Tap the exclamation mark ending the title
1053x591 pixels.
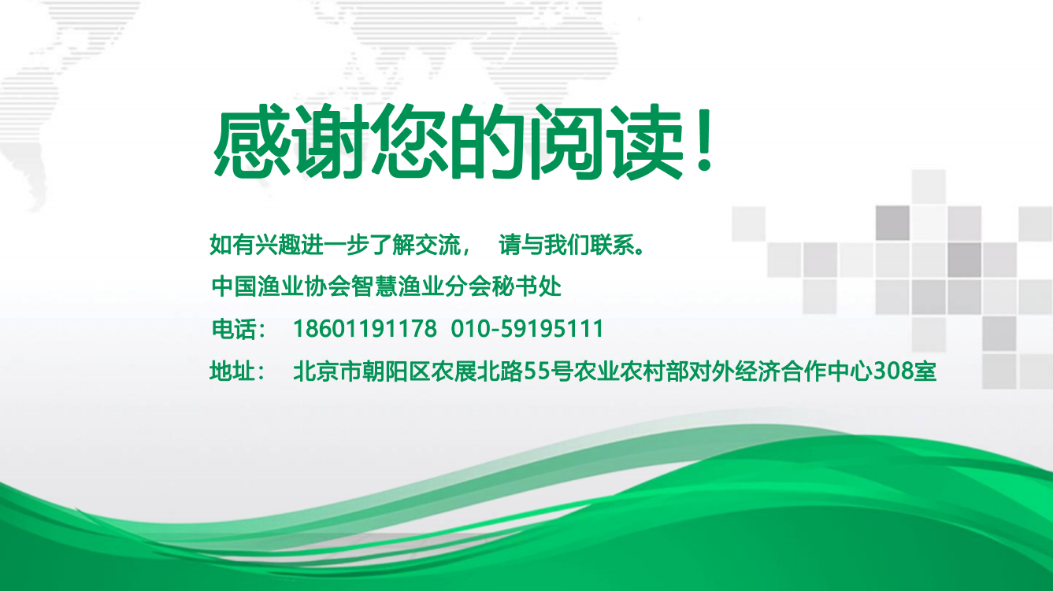705,141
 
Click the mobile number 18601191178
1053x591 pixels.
365,328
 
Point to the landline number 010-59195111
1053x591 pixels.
527,328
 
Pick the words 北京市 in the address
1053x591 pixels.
327,371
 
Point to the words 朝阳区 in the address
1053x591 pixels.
396,371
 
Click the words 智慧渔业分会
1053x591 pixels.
421,286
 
